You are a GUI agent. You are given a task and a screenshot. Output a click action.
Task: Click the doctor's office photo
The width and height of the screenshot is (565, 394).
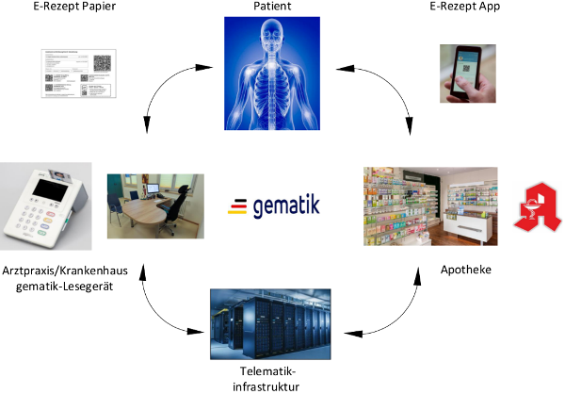click(x=155, y=205)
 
